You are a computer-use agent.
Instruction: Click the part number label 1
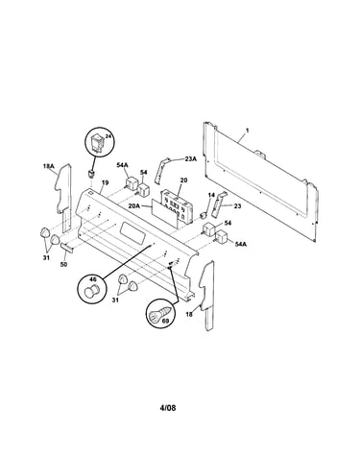tap(247, 131)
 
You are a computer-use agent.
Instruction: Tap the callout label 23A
tap(191, 158)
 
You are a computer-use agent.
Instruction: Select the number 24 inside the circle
tap(108, 136)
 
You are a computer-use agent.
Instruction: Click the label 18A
tap(49, 166)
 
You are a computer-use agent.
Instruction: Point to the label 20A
tap(134, 206)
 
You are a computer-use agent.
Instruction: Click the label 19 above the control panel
tap(106, 182)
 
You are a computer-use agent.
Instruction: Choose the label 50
tap(64, 264)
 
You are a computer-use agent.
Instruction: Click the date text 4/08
tap(168, 408)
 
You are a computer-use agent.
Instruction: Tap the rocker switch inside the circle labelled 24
tap(98, 142)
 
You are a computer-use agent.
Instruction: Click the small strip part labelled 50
tap(67, 247)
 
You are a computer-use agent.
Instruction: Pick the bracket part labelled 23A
tap(161, 170)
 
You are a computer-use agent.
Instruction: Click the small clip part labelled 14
tap(202, 215)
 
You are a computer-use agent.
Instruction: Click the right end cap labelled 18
tap(206, 295)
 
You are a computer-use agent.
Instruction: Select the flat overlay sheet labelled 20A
tap(164, 213)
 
